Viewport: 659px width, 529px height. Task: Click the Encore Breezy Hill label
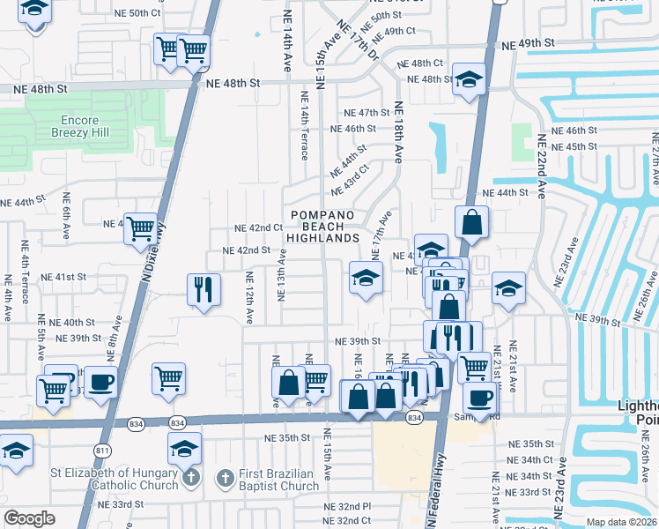tap(86, 127)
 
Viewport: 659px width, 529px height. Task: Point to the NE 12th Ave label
tap(249, 296)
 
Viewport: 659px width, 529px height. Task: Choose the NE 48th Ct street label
tap(419, 63)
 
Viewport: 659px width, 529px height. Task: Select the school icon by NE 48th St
tap(469, 78)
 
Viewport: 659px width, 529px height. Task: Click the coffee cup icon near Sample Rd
tap(479, 399)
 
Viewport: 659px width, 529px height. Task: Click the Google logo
tap(29, 518)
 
